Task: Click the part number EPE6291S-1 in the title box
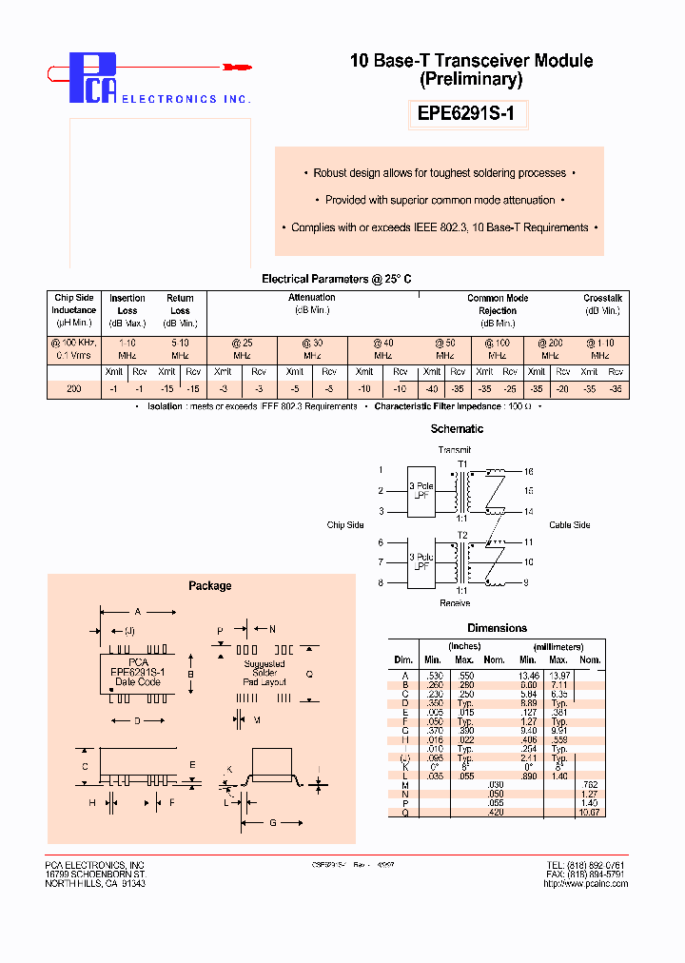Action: (x=472, y=114)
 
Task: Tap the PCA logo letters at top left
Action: (x=92, y=78)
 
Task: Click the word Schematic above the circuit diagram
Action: (x=457, y=429)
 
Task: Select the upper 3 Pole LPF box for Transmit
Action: (x=421, y=491)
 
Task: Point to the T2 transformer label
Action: (x=463, y=535)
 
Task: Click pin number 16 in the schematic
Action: (x=529, y=471)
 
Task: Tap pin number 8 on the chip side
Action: (x=381, y=583)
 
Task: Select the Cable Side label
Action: (x=569, y=525)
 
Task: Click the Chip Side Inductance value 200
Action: (x=73, y=388)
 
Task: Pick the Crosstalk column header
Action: (x=603, y=299)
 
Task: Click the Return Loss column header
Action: (x=180, y=305)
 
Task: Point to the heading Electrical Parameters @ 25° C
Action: (x=337, y=279)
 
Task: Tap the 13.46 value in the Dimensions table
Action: (x=528, y=675)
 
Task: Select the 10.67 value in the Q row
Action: (x=589, y=812)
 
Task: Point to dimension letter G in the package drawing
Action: (x=272, y=822)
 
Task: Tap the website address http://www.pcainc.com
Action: (x=585, y=883)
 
